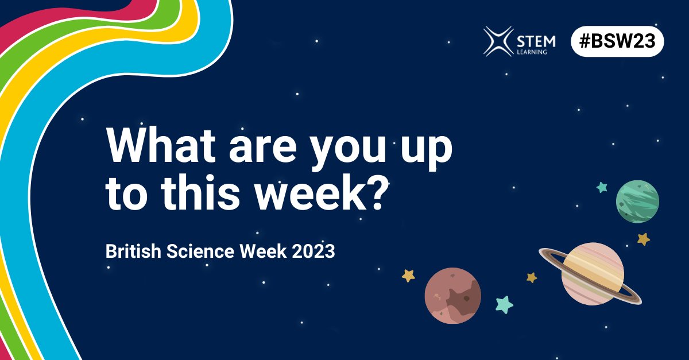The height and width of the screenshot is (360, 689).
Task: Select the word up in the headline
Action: (x=425, y=150)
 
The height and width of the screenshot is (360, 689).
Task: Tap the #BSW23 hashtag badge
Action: (x=617, y=42)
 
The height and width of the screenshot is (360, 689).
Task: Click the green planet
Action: (x=637, y=201)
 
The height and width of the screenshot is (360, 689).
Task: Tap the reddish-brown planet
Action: (x=452, y=295)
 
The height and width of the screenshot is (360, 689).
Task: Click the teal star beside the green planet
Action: (x=602, y=187)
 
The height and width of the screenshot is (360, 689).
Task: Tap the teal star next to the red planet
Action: (x=504, y=304)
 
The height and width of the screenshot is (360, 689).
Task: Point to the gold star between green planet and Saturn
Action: (x=644, y=238)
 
